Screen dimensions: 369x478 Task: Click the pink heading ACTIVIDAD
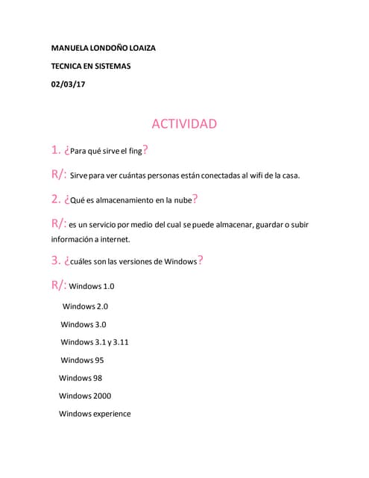pos(184,123)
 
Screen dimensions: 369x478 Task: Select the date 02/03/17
pos(68,84)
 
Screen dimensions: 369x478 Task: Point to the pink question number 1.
pos(55,150)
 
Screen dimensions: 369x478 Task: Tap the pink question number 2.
pos(55,199)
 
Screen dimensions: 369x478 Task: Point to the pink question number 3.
pos(55,261)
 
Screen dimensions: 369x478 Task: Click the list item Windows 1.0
pos(92,286)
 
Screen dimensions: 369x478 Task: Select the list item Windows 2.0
pos(85,306)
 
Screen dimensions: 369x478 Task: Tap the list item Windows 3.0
pos(83,324)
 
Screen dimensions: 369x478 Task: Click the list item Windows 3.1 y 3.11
pos(95,342)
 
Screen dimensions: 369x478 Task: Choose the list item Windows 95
pos(82,360)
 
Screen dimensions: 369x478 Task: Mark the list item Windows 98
pos(81,378)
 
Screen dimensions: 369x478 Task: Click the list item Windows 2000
pos(85,396)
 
